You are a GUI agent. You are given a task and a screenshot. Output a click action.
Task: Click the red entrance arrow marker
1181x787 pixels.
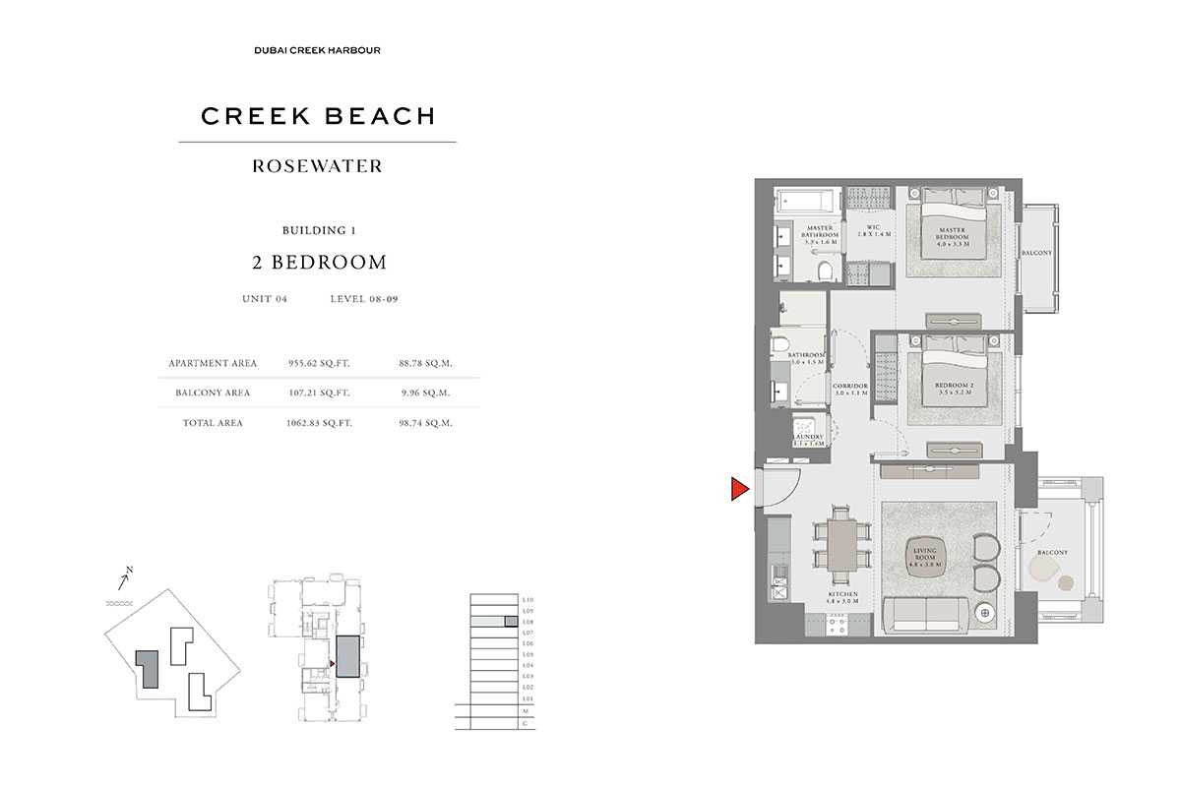coord(739,489)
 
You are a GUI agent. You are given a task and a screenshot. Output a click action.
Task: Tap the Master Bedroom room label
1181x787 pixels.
coord(952,235)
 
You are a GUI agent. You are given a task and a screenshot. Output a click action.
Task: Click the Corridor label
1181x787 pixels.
coord(848,390)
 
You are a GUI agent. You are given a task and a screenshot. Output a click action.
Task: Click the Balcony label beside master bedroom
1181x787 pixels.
coord(1035,253)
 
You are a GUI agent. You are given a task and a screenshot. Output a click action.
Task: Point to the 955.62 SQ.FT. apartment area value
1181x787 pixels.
coord(318,363)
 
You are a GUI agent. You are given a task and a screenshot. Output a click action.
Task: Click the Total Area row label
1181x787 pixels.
coord(213,423)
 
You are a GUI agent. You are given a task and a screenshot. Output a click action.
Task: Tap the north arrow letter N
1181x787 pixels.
coord(129,570)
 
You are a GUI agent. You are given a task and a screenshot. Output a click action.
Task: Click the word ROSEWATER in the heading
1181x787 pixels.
coord(317,166)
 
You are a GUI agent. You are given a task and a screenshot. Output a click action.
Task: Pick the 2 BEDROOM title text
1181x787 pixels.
coord(317,262)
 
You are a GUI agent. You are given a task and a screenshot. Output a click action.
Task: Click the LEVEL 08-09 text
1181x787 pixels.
coord(364,299)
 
